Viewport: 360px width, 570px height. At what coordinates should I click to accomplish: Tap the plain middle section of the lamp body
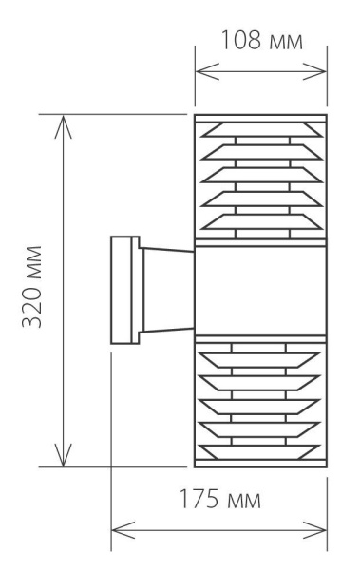(x=259, y=290)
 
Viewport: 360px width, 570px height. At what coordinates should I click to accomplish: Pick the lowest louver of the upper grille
(x=259, y=221)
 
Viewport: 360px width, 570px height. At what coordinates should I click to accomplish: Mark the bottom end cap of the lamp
(x=259, y=464)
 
